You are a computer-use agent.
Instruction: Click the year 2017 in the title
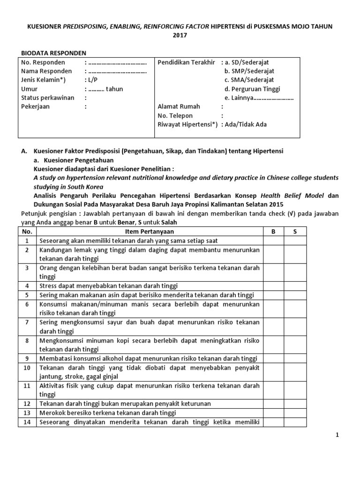tap(180, 35)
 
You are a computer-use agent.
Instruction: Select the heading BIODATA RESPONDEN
tap(54, 53)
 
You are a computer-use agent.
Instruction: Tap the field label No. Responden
tap(43, 62)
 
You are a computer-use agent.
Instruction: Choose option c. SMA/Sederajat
tap(249, 80)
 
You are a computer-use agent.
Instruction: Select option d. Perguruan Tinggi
tap(252, 89)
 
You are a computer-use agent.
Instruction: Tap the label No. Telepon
tap(175, 116)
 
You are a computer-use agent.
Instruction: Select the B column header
tap(273, 232)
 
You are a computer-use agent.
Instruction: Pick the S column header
tap(295, 232)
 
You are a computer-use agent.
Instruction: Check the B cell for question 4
tap(273, 285)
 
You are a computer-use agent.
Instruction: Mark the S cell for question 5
tap(295, 295)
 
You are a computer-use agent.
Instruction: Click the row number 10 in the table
tap(27, 367)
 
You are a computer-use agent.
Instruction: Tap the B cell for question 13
tap(273, 412)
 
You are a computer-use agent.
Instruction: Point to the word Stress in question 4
tap(48, 285)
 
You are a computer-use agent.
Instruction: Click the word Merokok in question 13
tap(52, 412)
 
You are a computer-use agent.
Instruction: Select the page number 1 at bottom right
tap(337, 435)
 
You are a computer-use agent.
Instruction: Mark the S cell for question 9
tap(295, 358)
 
